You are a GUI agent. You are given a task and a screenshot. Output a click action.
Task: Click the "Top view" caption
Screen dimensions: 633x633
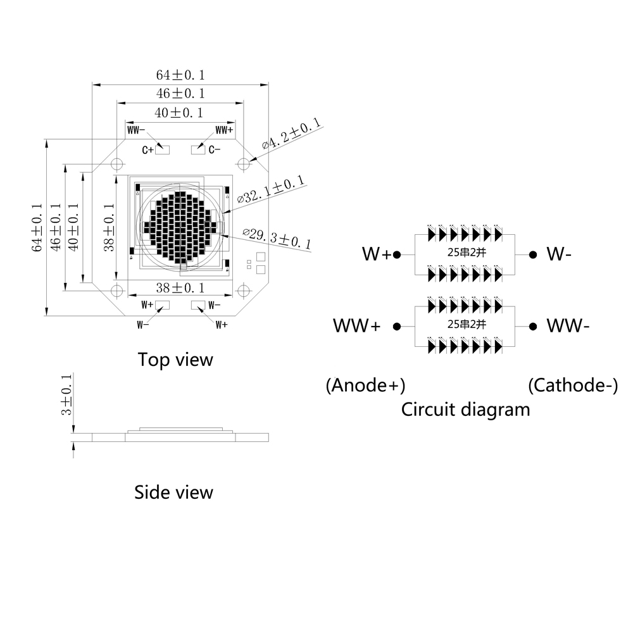click(x=175, y=360)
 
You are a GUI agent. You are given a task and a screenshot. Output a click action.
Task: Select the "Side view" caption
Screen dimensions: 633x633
click(x=173, y=492)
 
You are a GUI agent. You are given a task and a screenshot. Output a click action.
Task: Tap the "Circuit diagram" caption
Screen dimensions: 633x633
click(x=465, y=410)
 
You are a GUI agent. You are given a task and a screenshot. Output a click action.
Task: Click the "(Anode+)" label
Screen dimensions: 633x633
click(x=365, y=385)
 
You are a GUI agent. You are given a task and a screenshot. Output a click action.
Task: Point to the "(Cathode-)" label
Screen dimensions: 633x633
click(x=573, y=385)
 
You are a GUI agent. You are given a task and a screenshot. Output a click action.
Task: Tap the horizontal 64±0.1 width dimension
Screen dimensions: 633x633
click(x=180, y=75)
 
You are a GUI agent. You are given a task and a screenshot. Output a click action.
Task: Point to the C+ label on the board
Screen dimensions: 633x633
click(x=147, y=150)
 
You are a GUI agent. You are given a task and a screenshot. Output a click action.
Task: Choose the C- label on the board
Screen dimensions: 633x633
click(x=214, y=150)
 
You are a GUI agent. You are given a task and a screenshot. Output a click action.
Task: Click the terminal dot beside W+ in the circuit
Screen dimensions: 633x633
click(x=397, y=255)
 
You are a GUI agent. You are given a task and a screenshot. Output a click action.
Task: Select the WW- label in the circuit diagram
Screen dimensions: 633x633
click(x=568, y=327)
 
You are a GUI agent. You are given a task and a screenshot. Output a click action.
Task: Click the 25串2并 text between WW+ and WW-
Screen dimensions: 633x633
click(x=465, y=324)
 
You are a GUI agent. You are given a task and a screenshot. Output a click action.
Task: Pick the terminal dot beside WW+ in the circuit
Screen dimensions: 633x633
click(x=397, y=327)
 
